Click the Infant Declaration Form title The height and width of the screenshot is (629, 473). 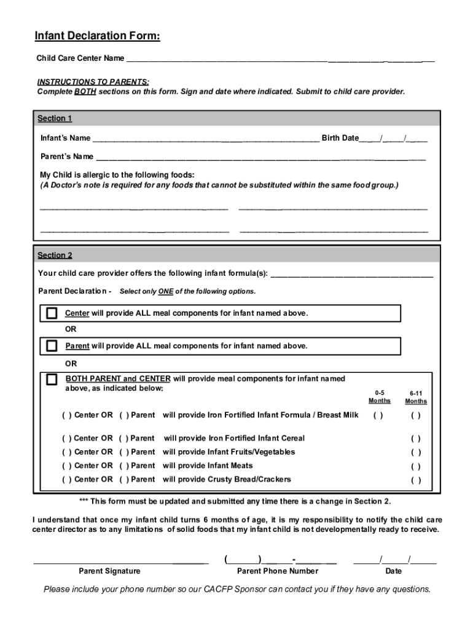tap(98, 37)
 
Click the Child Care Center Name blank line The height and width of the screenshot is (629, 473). tap(279, 60)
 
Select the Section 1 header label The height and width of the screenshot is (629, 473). tap(55, 119)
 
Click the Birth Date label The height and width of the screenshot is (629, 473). tap(340, 138)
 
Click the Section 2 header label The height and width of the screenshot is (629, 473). tap(55, 255)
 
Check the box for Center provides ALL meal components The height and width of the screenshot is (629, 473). tap(52, 314)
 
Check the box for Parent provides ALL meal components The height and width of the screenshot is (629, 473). tap(52, 346)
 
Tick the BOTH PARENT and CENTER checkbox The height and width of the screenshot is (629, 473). tap(52, 380)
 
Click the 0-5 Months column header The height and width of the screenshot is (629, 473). tap(379, 397)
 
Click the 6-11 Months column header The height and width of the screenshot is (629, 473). tap(416, 397)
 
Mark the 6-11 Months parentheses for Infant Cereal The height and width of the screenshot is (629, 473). tap(416, 439)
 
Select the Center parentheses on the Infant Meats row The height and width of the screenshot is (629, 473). tap(66, 466)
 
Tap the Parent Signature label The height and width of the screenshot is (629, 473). tap(109, 571)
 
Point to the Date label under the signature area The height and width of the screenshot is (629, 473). tap(394, 571)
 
